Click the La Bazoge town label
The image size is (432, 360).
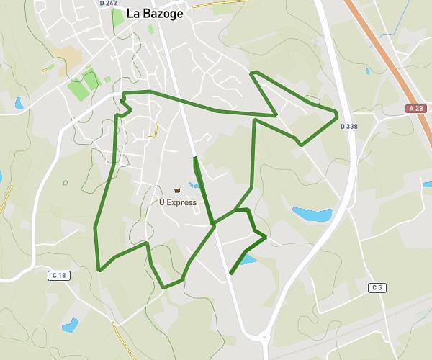point(155,13)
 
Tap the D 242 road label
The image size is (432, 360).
point(108,3)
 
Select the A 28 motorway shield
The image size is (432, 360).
point(415,109)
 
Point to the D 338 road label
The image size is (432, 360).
point(348,126)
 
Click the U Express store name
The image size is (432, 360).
point(177,202)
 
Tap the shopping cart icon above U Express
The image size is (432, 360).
point(177,191)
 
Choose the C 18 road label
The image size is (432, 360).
point(59,275)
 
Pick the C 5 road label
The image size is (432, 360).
point(377,288)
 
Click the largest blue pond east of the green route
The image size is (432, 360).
point(312,214)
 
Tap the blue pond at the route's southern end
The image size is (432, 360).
point(247,258)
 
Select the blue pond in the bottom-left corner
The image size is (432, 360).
point(70,325)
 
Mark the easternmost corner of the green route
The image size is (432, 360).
point(337,114)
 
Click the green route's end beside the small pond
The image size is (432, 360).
point(230,273)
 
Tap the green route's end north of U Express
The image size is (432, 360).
point(194,158)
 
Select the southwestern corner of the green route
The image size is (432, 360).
point(99,270)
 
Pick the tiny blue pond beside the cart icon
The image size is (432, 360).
point(193,185)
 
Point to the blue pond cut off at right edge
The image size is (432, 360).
point(427,185)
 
